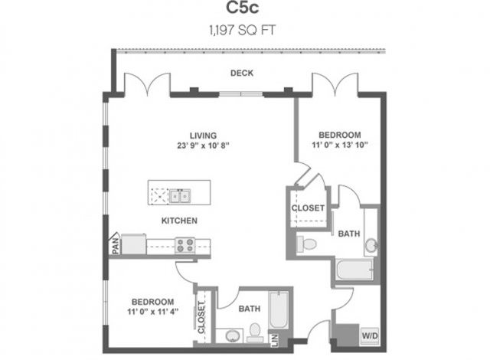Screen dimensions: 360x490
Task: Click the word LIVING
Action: [x=203, y=134]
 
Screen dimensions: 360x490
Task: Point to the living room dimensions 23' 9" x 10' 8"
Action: [x=203, y=146]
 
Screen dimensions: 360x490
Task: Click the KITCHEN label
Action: [x=179, y=221]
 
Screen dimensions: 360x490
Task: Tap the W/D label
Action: [x=369, y=335]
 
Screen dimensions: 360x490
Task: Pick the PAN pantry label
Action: [x=115, y=244]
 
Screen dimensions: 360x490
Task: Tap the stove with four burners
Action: [x=185, y=245]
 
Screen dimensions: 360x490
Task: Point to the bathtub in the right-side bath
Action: [x=354, y=269]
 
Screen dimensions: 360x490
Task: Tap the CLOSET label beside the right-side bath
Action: [x=308, y=208]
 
